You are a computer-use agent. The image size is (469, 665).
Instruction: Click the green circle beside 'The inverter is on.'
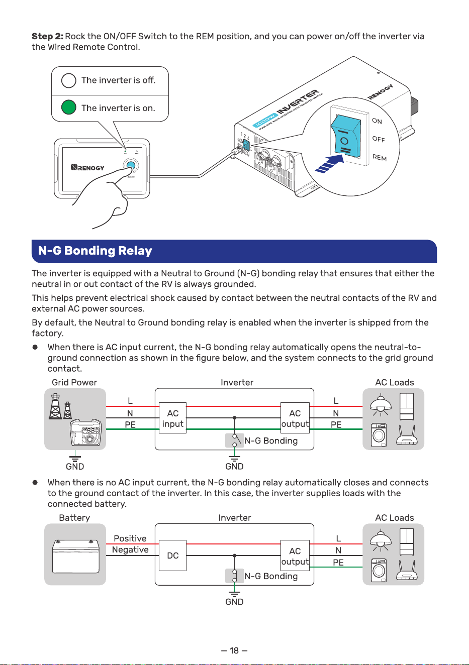click(69, 107)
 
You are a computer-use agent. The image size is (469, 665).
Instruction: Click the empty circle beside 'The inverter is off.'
click(69, 80)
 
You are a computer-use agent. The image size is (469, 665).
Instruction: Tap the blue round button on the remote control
click(131, 166)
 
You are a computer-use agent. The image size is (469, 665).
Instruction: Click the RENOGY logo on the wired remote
click(87, 167)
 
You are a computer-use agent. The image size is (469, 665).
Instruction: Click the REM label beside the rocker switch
click(380, 157)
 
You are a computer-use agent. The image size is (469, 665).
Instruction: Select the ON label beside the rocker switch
click(377, 121)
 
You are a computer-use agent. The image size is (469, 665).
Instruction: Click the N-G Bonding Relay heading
click(95, 251)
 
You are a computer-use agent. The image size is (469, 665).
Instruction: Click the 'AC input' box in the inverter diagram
click(173, 418)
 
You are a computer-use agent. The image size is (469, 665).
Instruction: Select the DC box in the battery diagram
click(173, 556)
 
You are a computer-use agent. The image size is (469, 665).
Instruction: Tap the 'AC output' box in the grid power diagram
click(295, 418)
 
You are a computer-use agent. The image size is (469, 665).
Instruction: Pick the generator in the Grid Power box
click(85, 432)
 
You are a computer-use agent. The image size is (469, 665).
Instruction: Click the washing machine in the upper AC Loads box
click(379, 435)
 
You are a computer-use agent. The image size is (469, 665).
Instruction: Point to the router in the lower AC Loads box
click(407, 571)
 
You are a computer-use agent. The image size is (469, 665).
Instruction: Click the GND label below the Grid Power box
click(75, 467)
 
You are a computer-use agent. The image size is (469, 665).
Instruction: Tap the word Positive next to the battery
click(130, 538)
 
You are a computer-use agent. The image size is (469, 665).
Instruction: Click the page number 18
click(234, 650)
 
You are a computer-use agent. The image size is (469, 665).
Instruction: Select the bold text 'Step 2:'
click(48, 36)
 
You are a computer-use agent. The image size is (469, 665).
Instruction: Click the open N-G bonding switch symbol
click(235, 440)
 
